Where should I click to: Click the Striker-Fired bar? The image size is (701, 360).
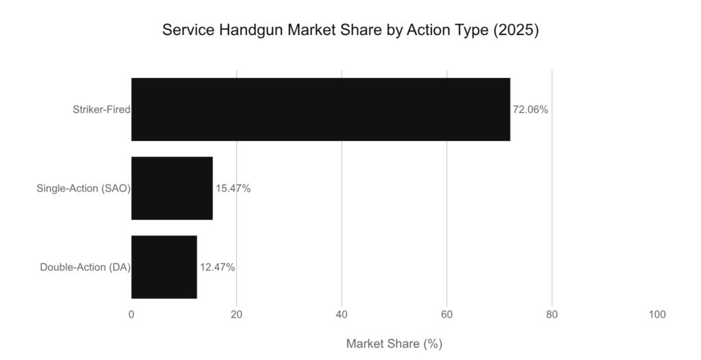click(320, 110)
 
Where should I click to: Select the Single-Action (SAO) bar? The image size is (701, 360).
click(172, 188)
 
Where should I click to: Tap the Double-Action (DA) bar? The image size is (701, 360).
click(164, 267)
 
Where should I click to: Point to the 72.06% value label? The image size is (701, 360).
click(531, 110)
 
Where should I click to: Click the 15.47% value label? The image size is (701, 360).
click(233, 188)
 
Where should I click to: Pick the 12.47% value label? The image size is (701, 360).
click(218, 267)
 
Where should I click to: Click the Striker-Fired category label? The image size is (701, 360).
click(101, 110)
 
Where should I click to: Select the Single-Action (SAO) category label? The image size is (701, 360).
click(84, 188)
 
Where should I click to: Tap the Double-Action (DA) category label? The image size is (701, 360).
click(86, 267)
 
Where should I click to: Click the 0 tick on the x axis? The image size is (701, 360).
click(131, 315)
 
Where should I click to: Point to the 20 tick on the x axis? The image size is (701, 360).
click(236, 315)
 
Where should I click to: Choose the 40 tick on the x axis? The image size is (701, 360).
click(342, 315)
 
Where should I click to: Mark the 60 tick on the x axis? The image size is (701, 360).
click(447, 315)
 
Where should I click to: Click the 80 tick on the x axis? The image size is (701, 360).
click(552, 315)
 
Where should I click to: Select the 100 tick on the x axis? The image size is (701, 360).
click(657, 315)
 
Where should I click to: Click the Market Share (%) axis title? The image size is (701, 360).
click(394, 344)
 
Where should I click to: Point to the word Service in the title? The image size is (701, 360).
click(184, 31)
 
